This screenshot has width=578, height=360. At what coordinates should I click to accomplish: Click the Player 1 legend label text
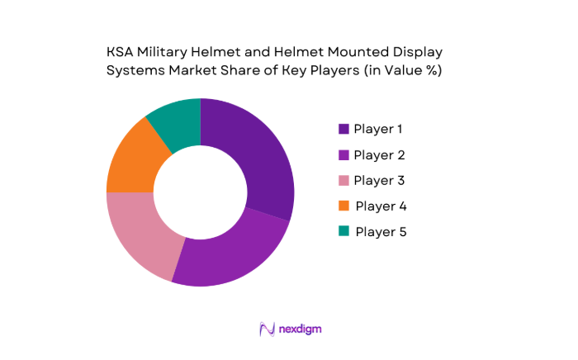click(378, 129)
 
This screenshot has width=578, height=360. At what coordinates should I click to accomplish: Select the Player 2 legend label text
click(379, 154)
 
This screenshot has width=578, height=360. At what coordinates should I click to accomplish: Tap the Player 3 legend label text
click(379, 180)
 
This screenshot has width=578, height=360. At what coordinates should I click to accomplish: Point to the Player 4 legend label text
click(380, 206)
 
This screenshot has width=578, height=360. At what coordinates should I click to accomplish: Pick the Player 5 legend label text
click(381, 231)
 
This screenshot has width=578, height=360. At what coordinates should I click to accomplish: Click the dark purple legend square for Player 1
click(343, 129)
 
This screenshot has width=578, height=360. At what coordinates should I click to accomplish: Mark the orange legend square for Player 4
click(343, 206)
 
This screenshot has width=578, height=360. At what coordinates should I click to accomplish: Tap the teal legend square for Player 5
click(343, 231)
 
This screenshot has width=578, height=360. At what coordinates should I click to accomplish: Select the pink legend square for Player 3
click(343, 180)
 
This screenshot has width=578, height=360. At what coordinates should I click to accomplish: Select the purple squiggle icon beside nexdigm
click(267, 329)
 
